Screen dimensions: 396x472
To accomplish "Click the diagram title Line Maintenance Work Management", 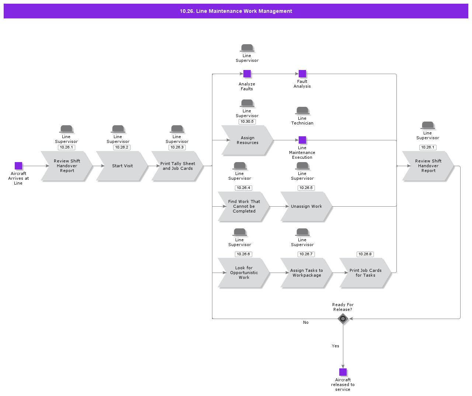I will (x=236, y=11).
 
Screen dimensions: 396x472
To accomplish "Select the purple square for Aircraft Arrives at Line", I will (x=18, y=166).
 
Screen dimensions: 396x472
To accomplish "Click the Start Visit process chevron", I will (x=122, y=166).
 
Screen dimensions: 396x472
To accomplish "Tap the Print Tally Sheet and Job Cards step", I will (x=177, y=166).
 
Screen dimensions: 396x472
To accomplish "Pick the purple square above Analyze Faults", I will (x=247, y=74).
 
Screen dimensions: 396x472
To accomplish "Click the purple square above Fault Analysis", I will (x=302, y=74).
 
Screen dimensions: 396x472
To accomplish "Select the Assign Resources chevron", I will (x=247, y=140).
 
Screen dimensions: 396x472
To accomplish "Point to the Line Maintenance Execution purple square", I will (x=302, y=140).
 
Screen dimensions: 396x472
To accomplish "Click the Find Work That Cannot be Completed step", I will (x=244, y=206).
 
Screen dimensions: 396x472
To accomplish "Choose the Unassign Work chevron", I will (x=306, y=206).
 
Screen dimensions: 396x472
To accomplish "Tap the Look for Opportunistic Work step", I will (x=244, y=273).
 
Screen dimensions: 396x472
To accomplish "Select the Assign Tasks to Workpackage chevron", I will (x=306, y=273).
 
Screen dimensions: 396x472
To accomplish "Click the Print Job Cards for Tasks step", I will (x=365, y=273).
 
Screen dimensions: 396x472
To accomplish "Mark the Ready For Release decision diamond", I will (x=343, y=319).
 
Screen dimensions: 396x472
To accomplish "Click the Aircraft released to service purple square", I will (x=343, y=372).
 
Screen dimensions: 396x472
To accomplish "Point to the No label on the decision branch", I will (x=306, y=322).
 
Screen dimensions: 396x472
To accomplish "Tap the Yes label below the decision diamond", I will (x=335, y=346).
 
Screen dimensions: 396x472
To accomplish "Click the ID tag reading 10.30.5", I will (x=247, y=122).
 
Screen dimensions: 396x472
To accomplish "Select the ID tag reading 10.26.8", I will (x=365, y=254).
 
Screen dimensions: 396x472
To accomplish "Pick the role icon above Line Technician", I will (x=302, y=111).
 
